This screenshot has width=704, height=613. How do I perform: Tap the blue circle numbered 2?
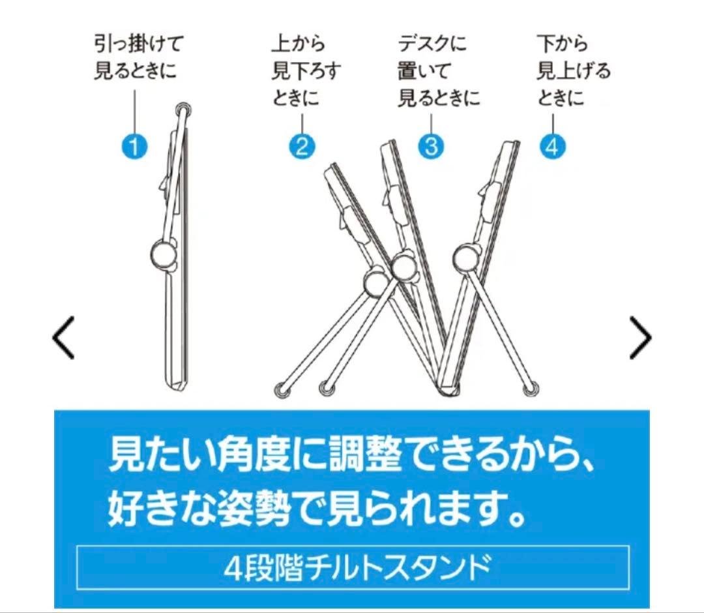(301, 146)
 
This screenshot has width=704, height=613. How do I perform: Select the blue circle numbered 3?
(430, 146)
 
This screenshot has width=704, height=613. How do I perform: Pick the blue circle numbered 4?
(552, 146)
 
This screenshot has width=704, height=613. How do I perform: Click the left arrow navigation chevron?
(63, 338)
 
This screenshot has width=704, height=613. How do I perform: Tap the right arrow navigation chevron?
(640, 338)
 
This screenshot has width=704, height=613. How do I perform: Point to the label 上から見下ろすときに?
(306, 72)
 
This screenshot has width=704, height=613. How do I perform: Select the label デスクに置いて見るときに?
(439, 72)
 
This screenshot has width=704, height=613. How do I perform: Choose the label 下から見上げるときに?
(573, 72)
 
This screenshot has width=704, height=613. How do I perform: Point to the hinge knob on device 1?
(163, 253)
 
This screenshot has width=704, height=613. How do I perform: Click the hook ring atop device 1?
(183, 108)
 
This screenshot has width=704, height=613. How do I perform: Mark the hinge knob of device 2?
(375, 283)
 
